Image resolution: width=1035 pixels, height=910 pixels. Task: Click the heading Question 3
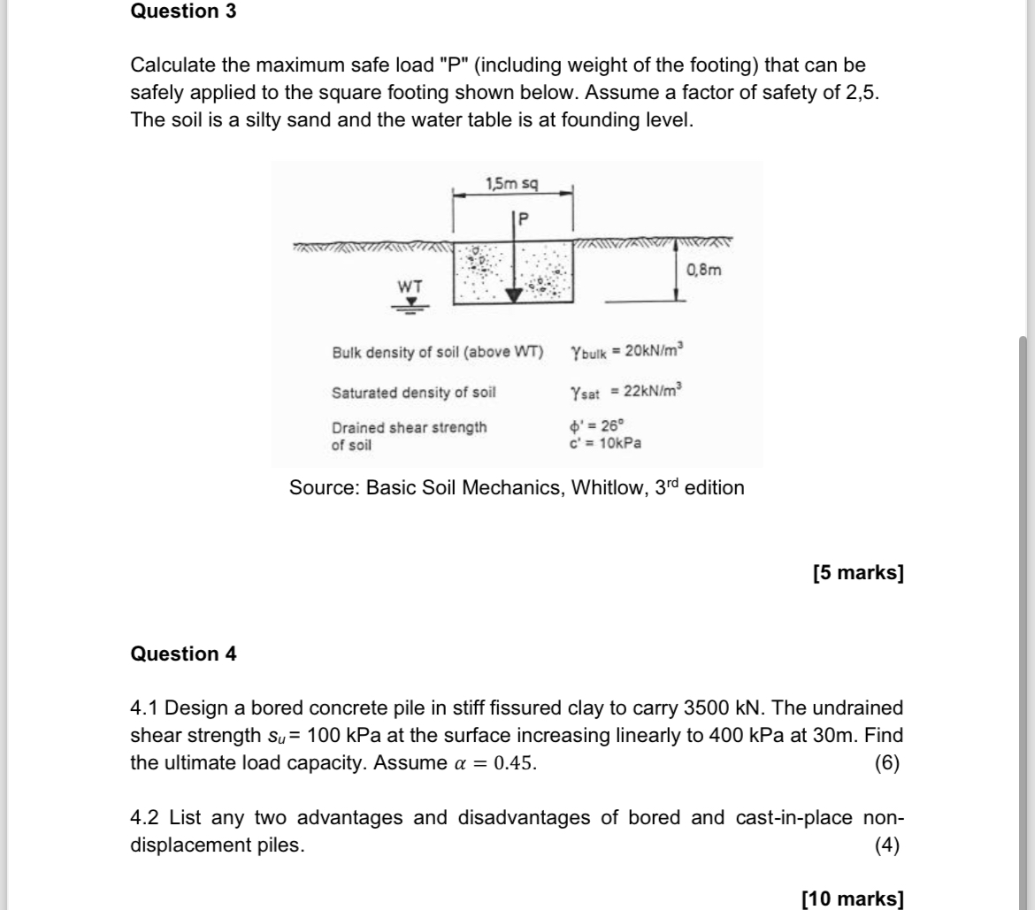coord(183,12)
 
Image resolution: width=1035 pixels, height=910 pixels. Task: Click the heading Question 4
coord(183,654)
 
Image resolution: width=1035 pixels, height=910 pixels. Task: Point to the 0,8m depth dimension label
coord(704,270)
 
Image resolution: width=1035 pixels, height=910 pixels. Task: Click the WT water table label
coord(410,287)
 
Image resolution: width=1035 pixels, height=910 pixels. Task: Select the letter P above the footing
coord(522,218)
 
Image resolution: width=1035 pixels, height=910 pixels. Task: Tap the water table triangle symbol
coord(410,301)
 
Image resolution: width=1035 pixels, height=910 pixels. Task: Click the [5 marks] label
coord(857,573)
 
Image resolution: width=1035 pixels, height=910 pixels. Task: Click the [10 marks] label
coord(853,899)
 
